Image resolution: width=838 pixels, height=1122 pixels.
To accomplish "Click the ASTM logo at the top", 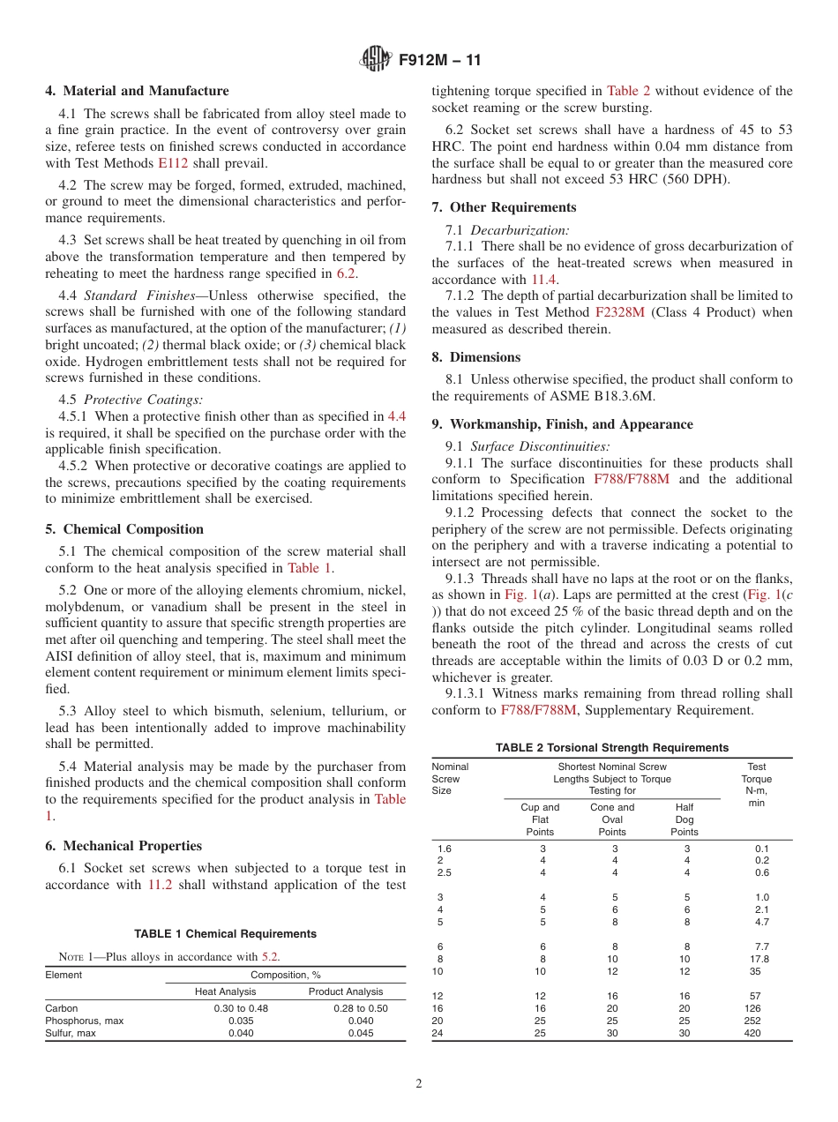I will [x=377, y=61].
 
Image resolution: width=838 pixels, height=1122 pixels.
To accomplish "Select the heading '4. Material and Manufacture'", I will [x=137, y=91].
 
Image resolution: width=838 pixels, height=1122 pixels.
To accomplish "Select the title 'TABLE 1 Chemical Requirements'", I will [x=225, y=933].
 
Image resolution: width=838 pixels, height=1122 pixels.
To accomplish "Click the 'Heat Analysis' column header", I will [x=225, y=991].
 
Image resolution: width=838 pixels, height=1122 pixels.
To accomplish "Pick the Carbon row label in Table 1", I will [x=62, y=1008].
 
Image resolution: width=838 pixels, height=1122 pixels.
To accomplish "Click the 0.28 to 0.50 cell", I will [x=346, y=1008].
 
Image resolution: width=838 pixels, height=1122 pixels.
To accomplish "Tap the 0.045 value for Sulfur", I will [x=346, y=1033].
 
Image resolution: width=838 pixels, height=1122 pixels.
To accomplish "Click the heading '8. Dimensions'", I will [x=476, y=357].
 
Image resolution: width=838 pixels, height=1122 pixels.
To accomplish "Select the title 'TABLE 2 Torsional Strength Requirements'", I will [x=612, y=747].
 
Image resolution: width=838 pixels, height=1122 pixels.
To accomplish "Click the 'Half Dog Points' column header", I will [x=685, y=819].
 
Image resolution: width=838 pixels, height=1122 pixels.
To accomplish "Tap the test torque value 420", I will [x=752, y=1033].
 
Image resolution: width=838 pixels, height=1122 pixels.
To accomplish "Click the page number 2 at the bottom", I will [x=419, y=1084].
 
